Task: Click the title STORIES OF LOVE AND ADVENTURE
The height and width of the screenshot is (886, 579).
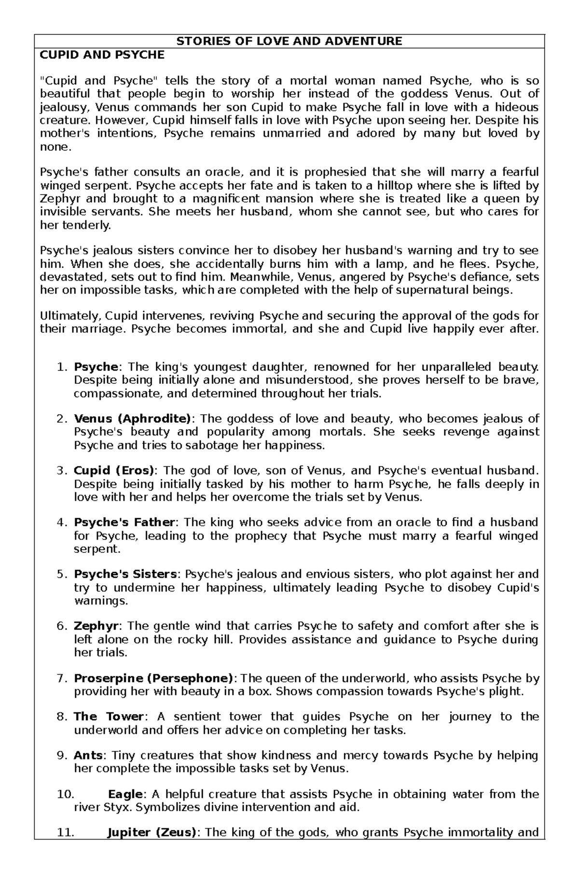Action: [289, 41]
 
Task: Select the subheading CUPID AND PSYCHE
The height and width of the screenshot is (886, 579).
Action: [102, 55]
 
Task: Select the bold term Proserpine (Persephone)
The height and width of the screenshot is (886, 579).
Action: [153, 678]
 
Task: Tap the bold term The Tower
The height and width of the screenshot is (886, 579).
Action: [109, 717]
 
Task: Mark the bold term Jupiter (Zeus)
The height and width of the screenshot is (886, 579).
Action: [152, 832]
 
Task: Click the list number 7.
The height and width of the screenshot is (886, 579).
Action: [61, 678]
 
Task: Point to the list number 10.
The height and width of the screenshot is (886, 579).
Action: [65, 794]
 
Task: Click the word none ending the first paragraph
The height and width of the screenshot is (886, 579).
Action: [54, 147]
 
